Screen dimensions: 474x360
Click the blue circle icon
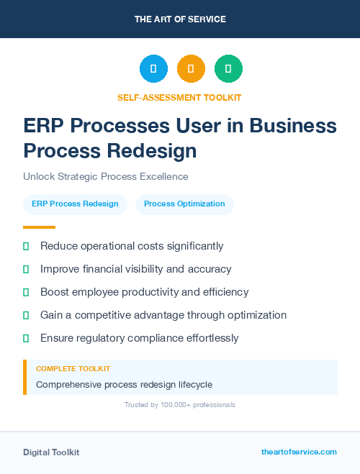coord(153,69)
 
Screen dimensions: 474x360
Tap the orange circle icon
coord(191,69)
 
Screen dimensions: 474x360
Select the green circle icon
coord(228,69)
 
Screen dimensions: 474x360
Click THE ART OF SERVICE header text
coord(180,19)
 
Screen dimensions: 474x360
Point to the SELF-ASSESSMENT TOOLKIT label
coord(180,97)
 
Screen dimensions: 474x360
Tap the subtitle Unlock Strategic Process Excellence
coord(105,176)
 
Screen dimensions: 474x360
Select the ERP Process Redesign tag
coord(75,204)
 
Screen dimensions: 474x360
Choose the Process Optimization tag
coord(184,204)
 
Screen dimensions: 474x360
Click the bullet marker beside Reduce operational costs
coord(26,246)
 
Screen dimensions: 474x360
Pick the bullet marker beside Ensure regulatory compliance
coord(26,338)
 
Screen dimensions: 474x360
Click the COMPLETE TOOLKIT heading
coord(73,368)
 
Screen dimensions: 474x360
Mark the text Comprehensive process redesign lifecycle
coord(124,384)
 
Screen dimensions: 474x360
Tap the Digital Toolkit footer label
coord(51,452)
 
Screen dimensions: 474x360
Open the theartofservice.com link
coord(299,452)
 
